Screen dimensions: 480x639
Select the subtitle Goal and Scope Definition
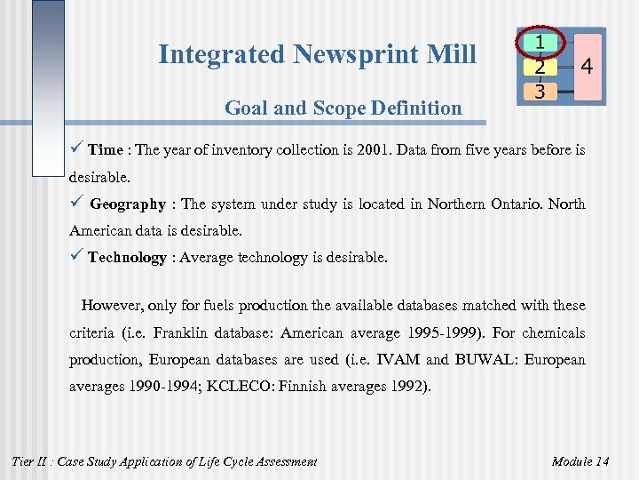(x=343, y=108)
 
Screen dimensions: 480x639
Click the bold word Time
(x=106, y=150)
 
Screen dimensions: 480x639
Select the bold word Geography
(x=128, y=204)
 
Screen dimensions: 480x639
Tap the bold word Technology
(x=127, y=258)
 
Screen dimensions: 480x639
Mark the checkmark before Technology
(x=76, y=258)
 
